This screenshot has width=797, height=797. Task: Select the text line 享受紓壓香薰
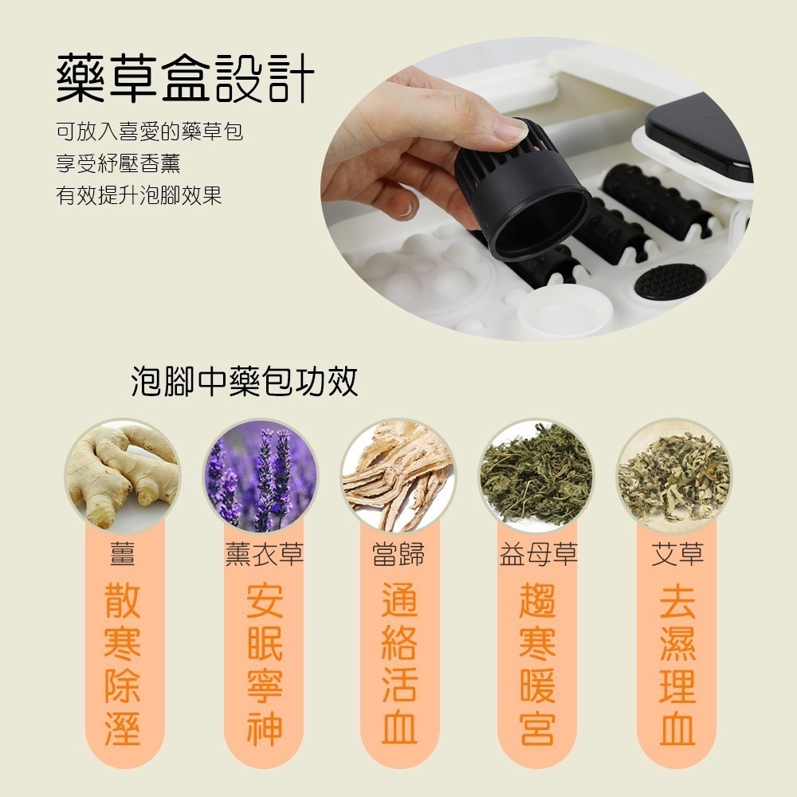click(118, 163)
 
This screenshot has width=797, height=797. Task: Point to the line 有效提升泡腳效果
click(139, 195)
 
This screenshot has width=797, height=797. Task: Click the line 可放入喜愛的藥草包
click(149, 132)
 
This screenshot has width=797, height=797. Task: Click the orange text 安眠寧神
click(264, 665)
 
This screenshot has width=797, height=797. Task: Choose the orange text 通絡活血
click(399, 665)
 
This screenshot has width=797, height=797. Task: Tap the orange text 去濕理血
click(677, 665)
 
